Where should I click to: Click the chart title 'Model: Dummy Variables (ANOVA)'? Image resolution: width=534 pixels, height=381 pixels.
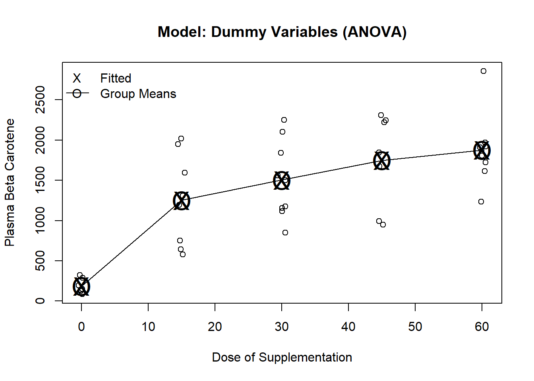click(282, 32)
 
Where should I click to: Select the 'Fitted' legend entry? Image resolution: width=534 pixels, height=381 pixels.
click(116, 78)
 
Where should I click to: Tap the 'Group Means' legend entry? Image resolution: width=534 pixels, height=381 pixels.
click(138, 94)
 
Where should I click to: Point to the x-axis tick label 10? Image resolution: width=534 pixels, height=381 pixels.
click(148, 327)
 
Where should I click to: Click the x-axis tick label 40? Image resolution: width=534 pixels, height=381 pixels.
click(348, 327)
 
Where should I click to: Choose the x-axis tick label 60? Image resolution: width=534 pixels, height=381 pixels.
click(482, 327)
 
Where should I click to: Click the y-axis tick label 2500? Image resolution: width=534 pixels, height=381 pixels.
click(40, 100)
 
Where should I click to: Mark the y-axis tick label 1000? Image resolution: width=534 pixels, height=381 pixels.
click(40, 220)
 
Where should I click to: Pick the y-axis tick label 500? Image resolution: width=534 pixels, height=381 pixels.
click(40, 261)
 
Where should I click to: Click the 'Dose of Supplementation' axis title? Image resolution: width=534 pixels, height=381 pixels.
click(282, 357)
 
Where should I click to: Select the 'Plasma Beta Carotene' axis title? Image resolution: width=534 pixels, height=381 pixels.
click(10, 183)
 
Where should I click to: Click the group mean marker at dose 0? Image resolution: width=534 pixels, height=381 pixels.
click(81, 286)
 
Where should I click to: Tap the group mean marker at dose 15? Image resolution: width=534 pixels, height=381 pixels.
click(182, 201)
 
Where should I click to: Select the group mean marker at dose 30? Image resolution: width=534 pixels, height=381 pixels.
click(282, 181)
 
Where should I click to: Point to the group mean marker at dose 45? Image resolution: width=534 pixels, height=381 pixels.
click(382, 161)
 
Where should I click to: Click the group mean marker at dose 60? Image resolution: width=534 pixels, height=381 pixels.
click(482, 150)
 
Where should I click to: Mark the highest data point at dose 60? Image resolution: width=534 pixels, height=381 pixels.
click(484, 71)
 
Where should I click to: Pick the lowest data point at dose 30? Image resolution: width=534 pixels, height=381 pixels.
click(285, 233)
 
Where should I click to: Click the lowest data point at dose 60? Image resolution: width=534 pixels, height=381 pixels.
click(481, 202)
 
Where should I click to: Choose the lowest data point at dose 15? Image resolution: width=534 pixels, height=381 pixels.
click(183, 254)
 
